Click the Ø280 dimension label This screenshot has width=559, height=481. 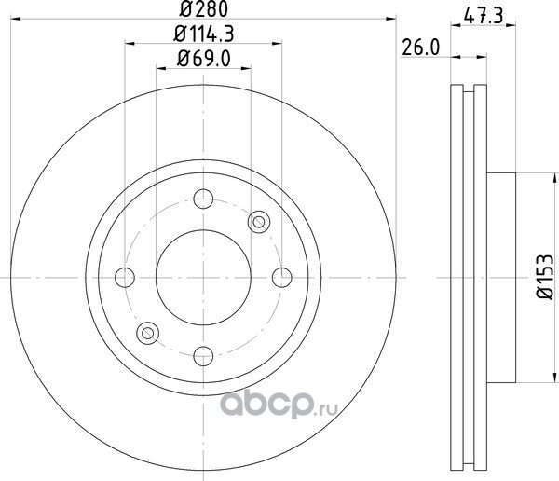[x=203, y=9]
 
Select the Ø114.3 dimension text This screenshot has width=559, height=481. [x=203, y=34]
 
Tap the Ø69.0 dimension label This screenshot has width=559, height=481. [x=204, y=59]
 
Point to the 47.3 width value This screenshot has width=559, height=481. [x=484, y=16]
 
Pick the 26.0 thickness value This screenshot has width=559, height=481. [x=421, y=48]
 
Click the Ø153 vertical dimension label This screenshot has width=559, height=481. [x=545, y=277]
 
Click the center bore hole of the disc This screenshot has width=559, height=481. [x=203, y=277]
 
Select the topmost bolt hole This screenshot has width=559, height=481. [x=203, y=199]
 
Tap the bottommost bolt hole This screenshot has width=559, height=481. [x=203, y=356]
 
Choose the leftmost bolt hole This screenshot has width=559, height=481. [x=125, y=277]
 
